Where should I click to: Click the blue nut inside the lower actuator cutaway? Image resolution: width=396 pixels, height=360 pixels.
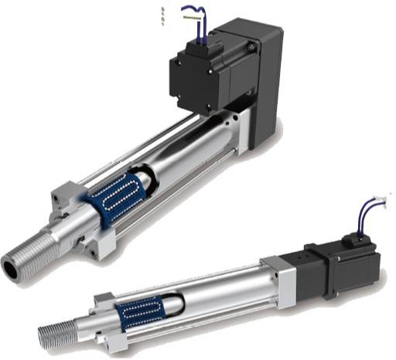139,312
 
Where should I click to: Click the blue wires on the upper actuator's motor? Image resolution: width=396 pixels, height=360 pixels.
193,23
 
